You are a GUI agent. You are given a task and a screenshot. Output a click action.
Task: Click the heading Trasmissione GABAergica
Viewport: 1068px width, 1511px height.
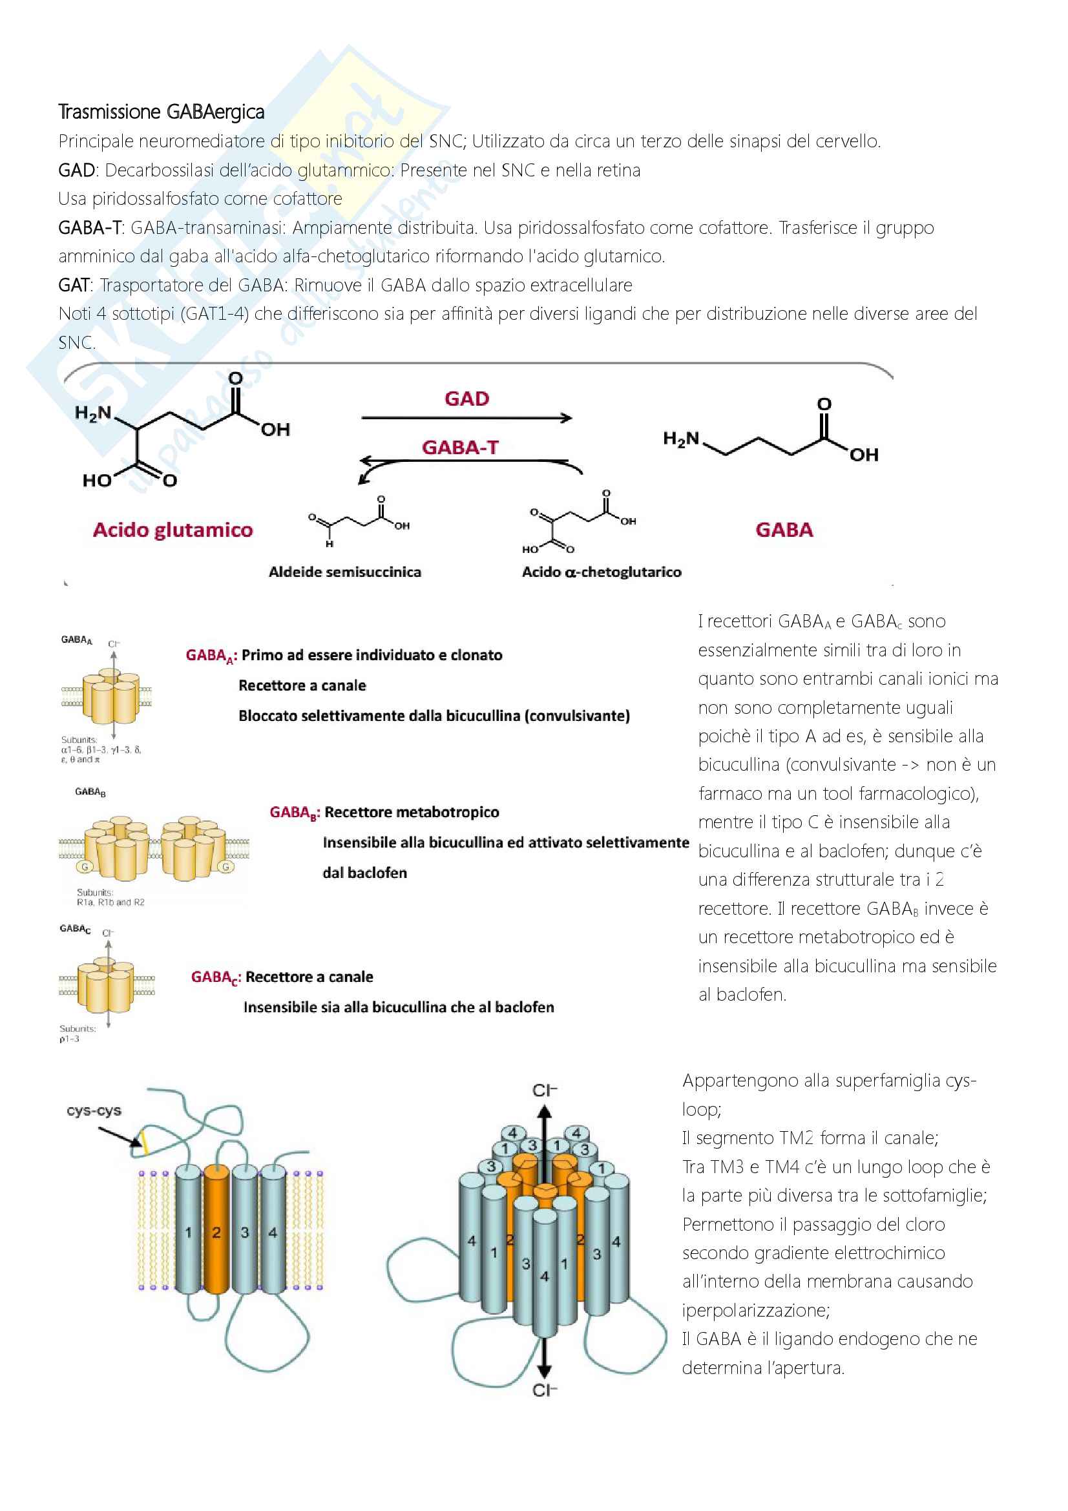coord(162,112)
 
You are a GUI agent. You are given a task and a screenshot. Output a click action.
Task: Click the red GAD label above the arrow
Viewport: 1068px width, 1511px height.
coord(466,399)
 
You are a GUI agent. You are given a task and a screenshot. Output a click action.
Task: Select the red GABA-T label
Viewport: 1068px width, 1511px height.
coord(460,448)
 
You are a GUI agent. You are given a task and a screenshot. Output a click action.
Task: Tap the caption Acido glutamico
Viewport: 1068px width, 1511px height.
coord(173,530)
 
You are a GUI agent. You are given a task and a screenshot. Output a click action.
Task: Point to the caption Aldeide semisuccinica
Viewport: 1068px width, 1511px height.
coord(345,572)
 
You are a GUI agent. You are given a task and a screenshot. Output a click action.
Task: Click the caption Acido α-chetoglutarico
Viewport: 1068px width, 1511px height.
coord(602,572)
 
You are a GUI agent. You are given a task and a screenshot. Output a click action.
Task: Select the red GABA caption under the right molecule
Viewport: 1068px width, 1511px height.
coord(784,530)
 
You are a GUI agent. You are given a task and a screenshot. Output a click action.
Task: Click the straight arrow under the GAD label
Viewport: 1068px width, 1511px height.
coord(466,417)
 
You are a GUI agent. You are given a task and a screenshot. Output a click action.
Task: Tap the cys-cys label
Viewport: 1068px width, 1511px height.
coord(94,1111)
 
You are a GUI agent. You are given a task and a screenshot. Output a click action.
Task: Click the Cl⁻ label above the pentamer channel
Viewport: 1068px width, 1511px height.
coord(544,1090)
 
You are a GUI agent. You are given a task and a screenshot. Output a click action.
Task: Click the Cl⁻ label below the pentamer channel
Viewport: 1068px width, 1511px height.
coord(544,1390)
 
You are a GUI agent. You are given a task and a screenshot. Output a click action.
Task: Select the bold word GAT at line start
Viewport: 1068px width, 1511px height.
coord(74,285)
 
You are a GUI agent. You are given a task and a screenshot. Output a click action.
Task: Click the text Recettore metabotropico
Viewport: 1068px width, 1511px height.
coord(412,812)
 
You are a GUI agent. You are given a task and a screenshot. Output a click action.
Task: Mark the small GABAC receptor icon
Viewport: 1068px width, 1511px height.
coord(105,983)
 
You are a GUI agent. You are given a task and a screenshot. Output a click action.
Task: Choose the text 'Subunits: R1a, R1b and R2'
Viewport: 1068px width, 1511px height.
coord(110,897)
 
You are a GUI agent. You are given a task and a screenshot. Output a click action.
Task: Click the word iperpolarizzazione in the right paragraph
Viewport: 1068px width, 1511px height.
coord(755,1309)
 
